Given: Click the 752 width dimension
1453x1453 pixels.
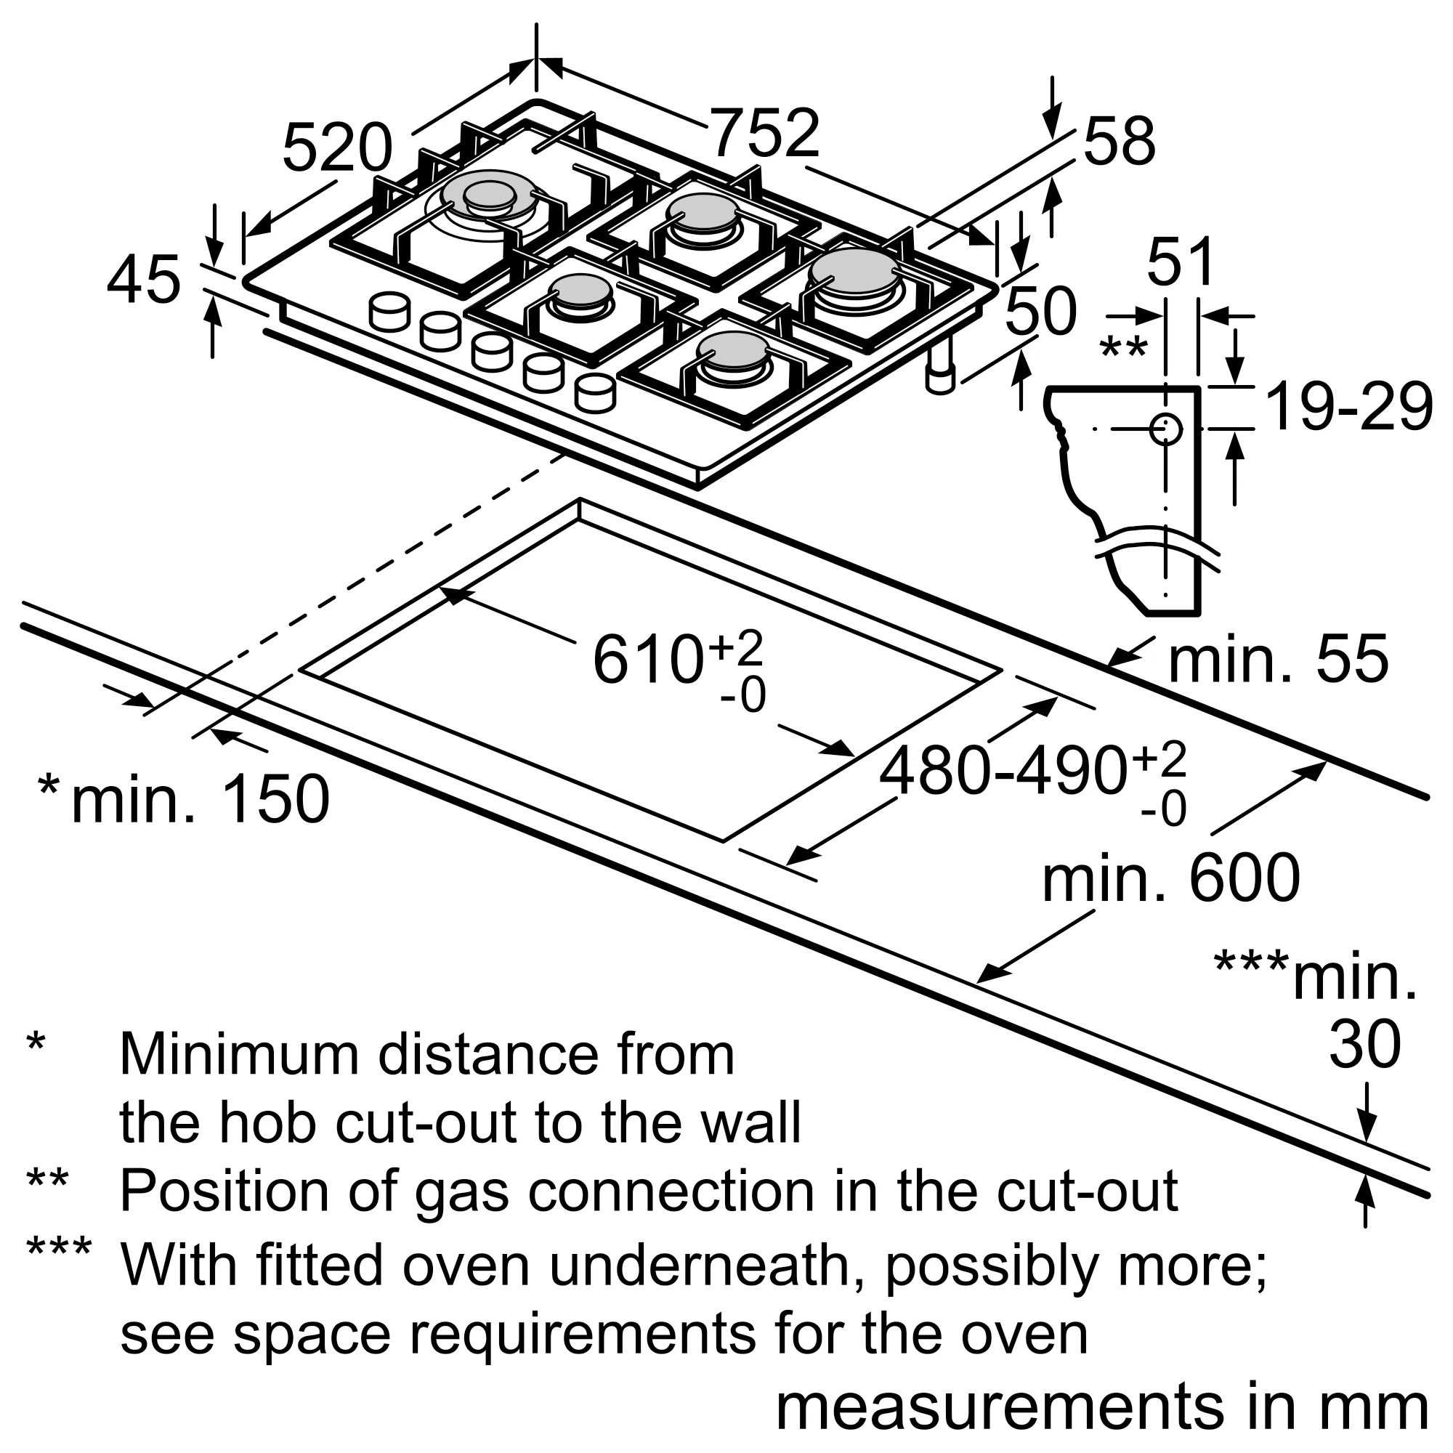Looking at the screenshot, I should click(765, 134).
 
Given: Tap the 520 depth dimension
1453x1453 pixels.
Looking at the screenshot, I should click(337, 148).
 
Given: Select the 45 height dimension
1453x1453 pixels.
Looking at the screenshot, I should click(144, 280).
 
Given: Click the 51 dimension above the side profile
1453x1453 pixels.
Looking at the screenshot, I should click(1181, 262).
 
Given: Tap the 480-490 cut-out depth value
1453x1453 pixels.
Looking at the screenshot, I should click(1004, 772).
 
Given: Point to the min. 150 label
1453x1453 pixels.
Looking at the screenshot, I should click(200, 798).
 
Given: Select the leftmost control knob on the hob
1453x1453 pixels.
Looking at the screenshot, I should click(390, 310).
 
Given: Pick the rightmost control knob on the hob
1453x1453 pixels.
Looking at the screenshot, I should click(595, 392).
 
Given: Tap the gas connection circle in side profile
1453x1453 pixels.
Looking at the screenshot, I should click(1165, 429).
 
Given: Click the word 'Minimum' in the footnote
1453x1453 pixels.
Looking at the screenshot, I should click(238, 1055).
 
